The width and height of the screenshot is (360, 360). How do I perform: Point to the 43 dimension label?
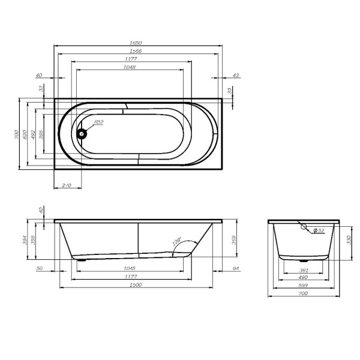tap(235, 76)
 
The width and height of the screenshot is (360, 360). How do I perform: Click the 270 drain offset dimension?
tap(67, 187)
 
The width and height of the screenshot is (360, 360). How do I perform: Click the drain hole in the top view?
tap(82, 134)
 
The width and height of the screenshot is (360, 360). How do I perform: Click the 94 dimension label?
tap(235, 268)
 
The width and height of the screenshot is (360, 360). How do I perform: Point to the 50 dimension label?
tap(40, 268)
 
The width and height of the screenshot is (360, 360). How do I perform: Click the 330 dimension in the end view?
tap(349, 239)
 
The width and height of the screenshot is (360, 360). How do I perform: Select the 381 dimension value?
tap(304, 269)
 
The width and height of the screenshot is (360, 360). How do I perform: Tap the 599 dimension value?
tap(303, 286)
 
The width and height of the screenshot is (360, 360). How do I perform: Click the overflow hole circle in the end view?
tap(305, 229)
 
